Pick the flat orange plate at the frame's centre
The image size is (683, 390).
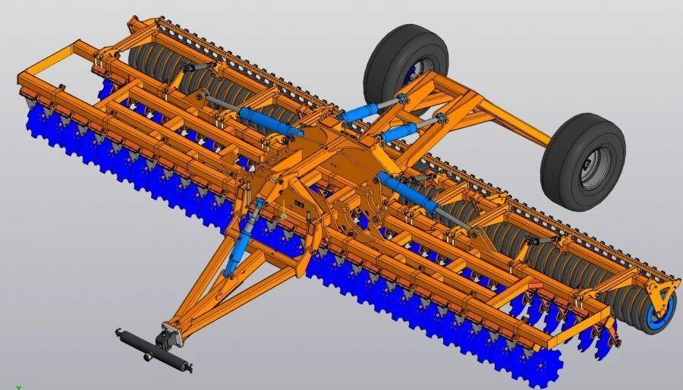click(x=334, y=156)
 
